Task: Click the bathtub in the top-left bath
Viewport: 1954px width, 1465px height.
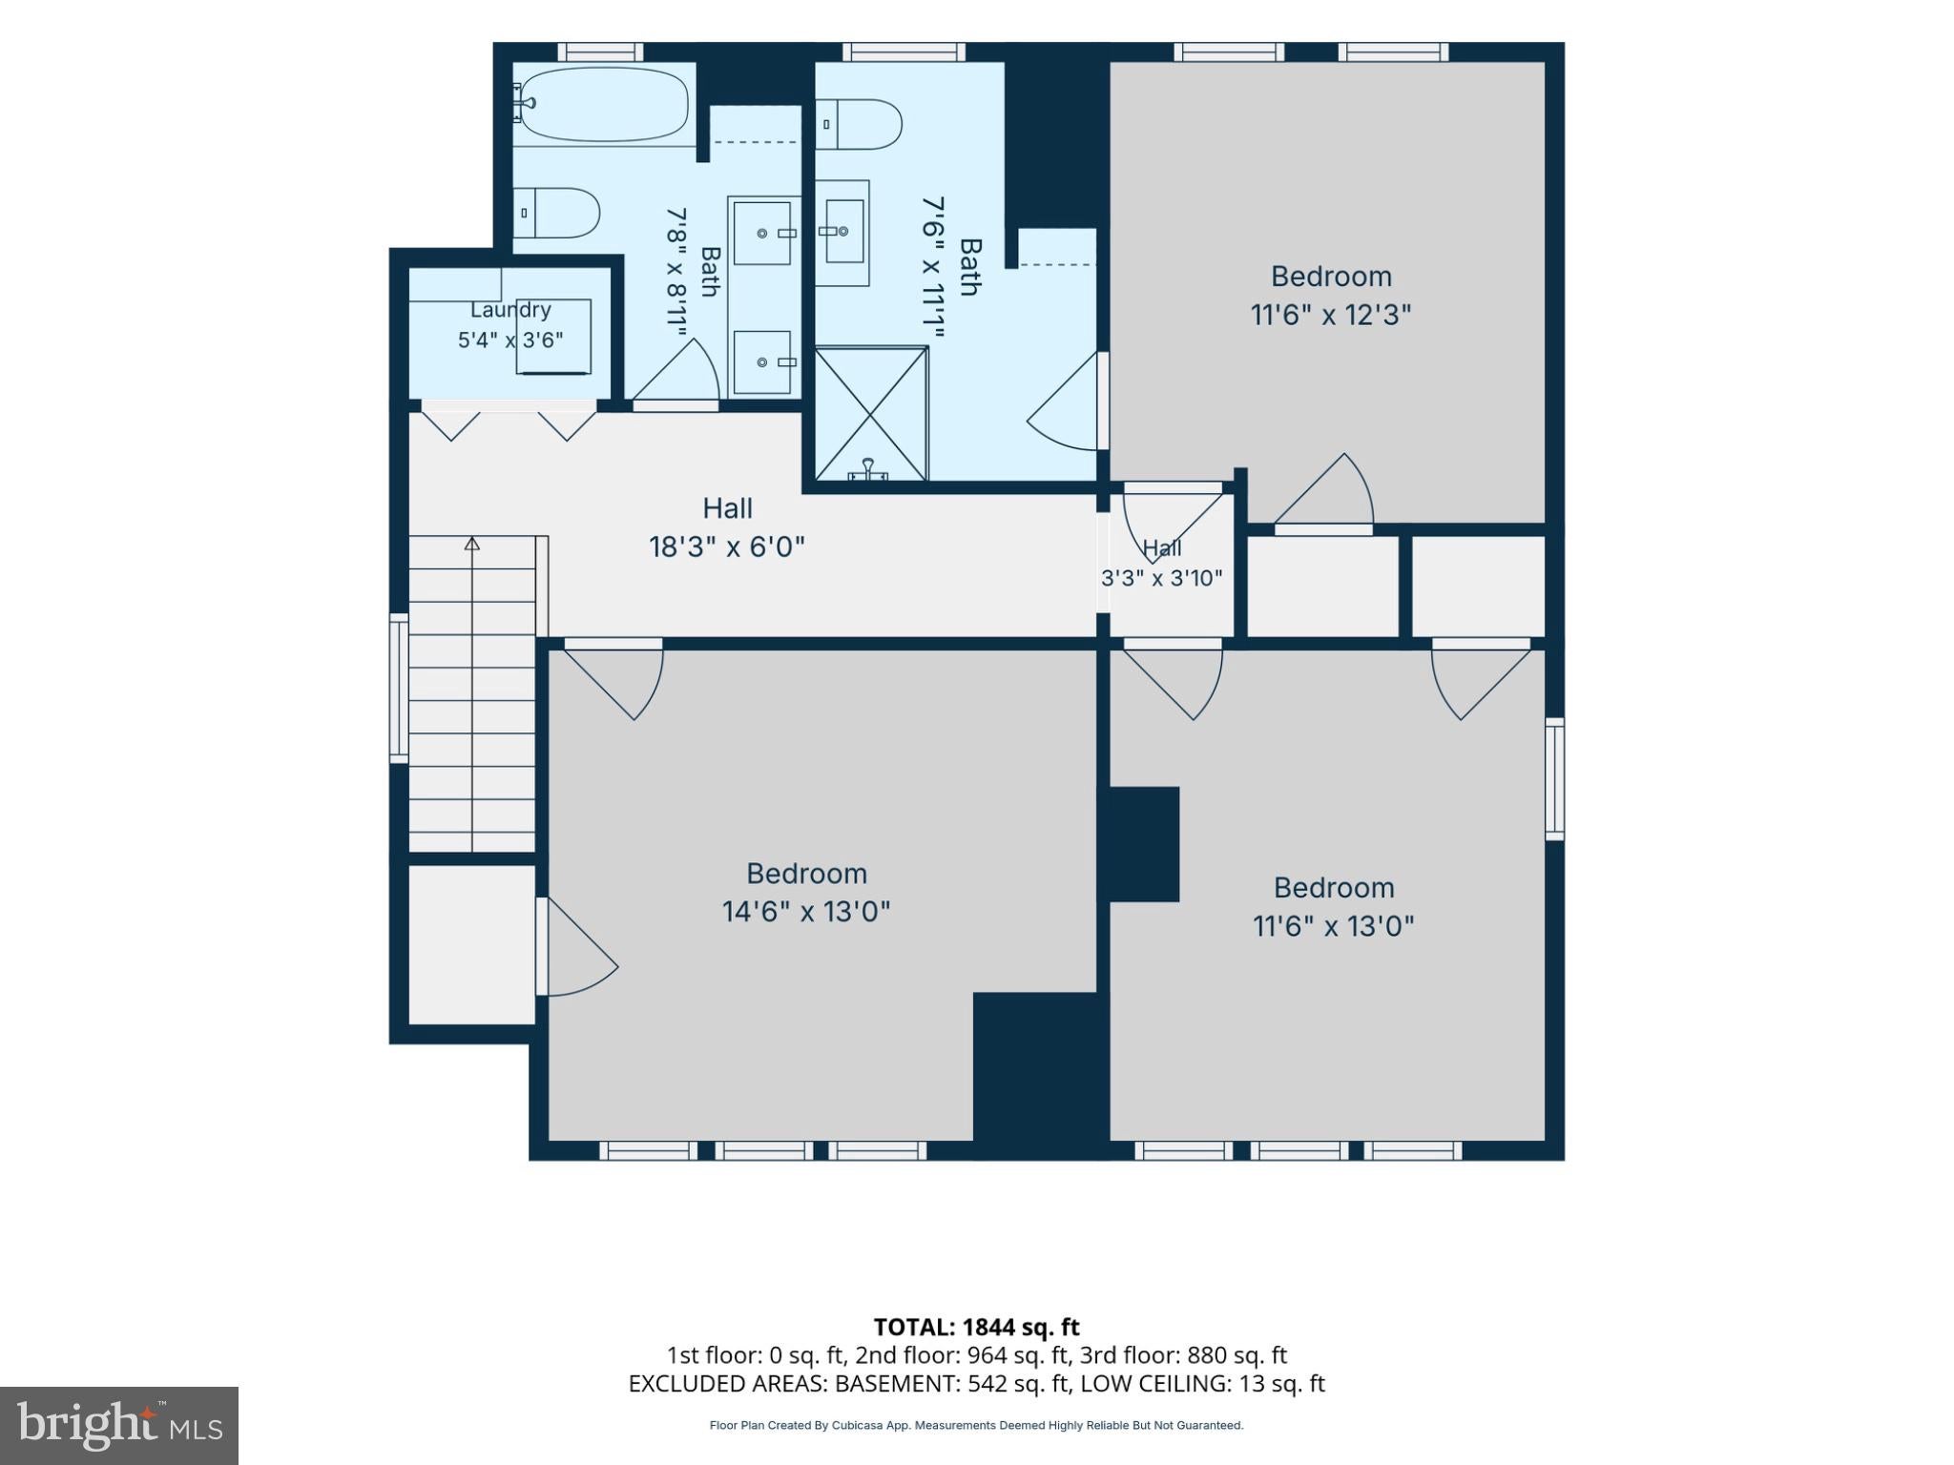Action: click(601, 105)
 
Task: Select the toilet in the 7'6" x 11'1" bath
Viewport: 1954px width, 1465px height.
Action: click(859, 125)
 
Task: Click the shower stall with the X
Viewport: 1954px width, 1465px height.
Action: click(870, 413)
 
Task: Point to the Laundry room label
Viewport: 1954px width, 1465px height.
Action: click(510, 310)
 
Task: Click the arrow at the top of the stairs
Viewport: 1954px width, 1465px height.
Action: click(472, 544)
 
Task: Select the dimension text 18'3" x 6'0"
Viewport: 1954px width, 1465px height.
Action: click(727, 547)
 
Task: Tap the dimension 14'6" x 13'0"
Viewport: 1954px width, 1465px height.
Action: click(806, 912)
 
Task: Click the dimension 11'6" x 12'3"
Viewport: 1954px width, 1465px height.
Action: click(1331, 315)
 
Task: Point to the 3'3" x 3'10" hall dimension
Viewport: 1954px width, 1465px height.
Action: click(1161, 578)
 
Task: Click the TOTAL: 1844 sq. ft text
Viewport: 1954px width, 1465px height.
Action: click(977, 1327)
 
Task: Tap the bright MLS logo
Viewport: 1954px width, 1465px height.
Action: click(119, 1426)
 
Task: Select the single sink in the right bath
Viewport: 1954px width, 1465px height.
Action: click(843, 232)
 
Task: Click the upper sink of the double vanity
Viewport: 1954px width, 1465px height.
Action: click(762, 233)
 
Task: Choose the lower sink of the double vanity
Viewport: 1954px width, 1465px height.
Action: click(762, 362)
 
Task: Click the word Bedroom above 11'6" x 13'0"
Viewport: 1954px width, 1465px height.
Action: click(1334, 888)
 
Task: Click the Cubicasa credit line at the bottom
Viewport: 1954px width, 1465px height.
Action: click(976, 1426)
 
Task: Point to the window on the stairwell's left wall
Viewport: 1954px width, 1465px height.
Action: click(399, 687)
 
